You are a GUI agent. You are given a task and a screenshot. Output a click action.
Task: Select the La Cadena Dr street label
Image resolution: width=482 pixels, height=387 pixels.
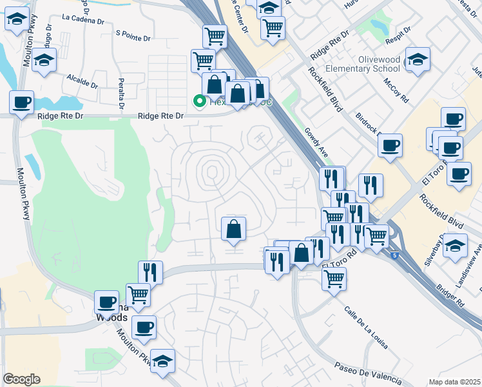(83, 20)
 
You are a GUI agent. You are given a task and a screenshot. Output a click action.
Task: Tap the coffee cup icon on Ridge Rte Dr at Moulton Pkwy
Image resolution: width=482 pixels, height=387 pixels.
(22, 102)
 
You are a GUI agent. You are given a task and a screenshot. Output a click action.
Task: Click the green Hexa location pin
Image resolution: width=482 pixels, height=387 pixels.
(200, 101)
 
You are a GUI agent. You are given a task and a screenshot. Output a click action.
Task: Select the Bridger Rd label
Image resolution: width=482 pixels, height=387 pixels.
(449, 292)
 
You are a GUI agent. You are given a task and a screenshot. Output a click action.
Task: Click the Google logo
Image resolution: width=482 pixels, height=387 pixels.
(21, 379)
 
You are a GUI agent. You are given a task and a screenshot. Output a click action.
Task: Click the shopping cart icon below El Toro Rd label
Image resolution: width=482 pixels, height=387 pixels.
(334, 279)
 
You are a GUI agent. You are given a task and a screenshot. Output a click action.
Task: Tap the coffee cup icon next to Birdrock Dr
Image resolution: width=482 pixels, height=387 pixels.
(390, 146)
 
